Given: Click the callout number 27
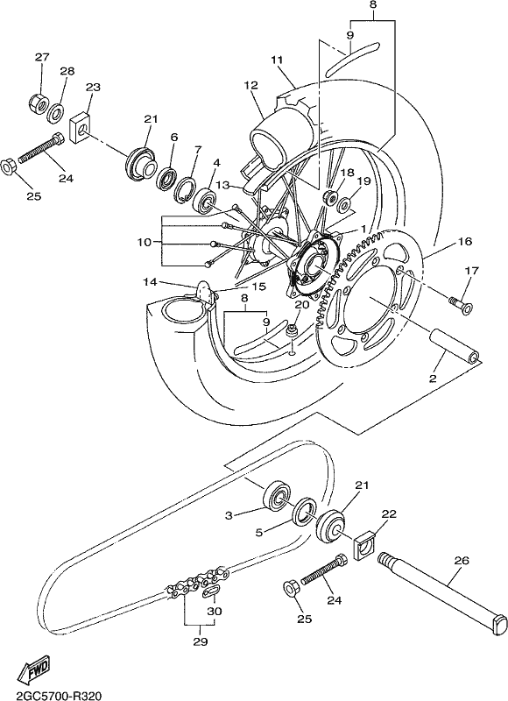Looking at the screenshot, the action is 42,57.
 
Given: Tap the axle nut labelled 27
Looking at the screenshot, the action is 39,103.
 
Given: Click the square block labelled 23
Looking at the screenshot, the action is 81,127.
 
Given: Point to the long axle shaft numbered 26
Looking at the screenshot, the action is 442,590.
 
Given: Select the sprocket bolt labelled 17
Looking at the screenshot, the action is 460,304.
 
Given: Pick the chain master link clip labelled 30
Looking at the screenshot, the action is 210,591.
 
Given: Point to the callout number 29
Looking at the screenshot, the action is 201,641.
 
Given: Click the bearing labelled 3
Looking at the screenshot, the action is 276,496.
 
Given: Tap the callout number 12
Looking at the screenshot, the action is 251,85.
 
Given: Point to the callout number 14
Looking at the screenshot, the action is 151,282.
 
